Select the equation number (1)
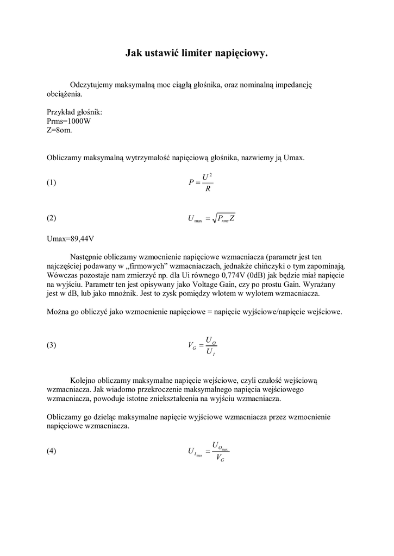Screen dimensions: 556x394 click(52, 183)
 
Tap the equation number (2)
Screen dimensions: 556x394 click(52, 218)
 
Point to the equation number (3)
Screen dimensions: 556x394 click(52, 345)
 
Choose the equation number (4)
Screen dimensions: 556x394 click(52, 451)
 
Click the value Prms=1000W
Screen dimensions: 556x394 click(69, 121)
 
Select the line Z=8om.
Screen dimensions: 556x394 click(59, 130)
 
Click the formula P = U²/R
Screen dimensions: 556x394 click(201, 183)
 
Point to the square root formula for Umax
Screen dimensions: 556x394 click(211, 218)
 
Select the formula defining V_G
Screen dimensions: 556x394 click(203, 345)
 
